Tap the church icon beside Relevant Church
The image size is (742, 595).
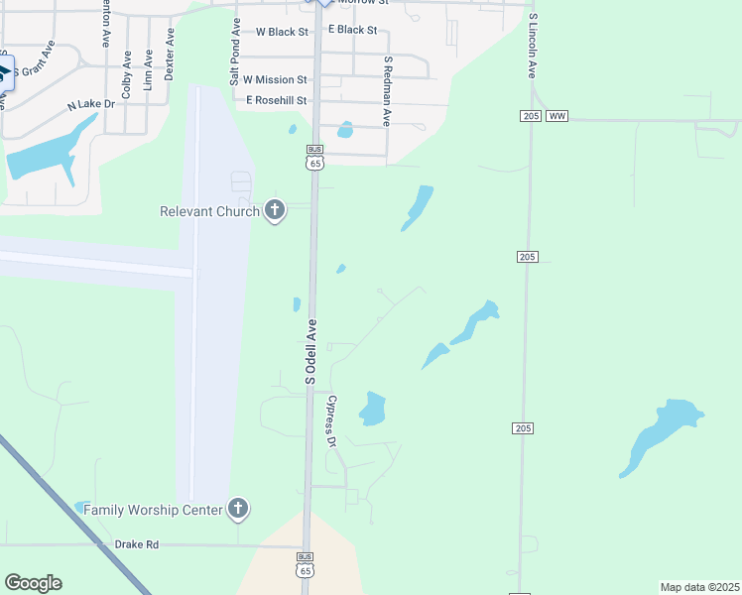click(x=276, y=210)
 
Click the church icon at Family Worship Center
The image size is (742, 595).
click(x=237, y=510)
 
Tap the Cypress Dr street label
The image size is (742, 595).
click(x=333, y=421)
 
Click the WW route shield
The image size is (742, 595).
click(x=556, y=116)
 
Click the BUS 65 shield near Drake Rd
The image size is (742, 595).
click(x=306, y=564)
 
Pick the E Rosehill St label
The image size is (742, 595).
click(x=277, y=100)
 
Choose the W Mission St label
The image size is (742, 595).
click(x=275, y=79)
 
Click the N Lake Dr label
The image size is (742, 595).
click(x=91, y=104)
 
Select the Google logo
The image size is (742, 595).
click(x=33, y=583)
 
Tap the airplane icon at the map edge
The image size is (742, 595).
click(x=4, y=71)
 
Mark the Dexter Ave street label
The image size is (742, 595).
click(x=170, y=54)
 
